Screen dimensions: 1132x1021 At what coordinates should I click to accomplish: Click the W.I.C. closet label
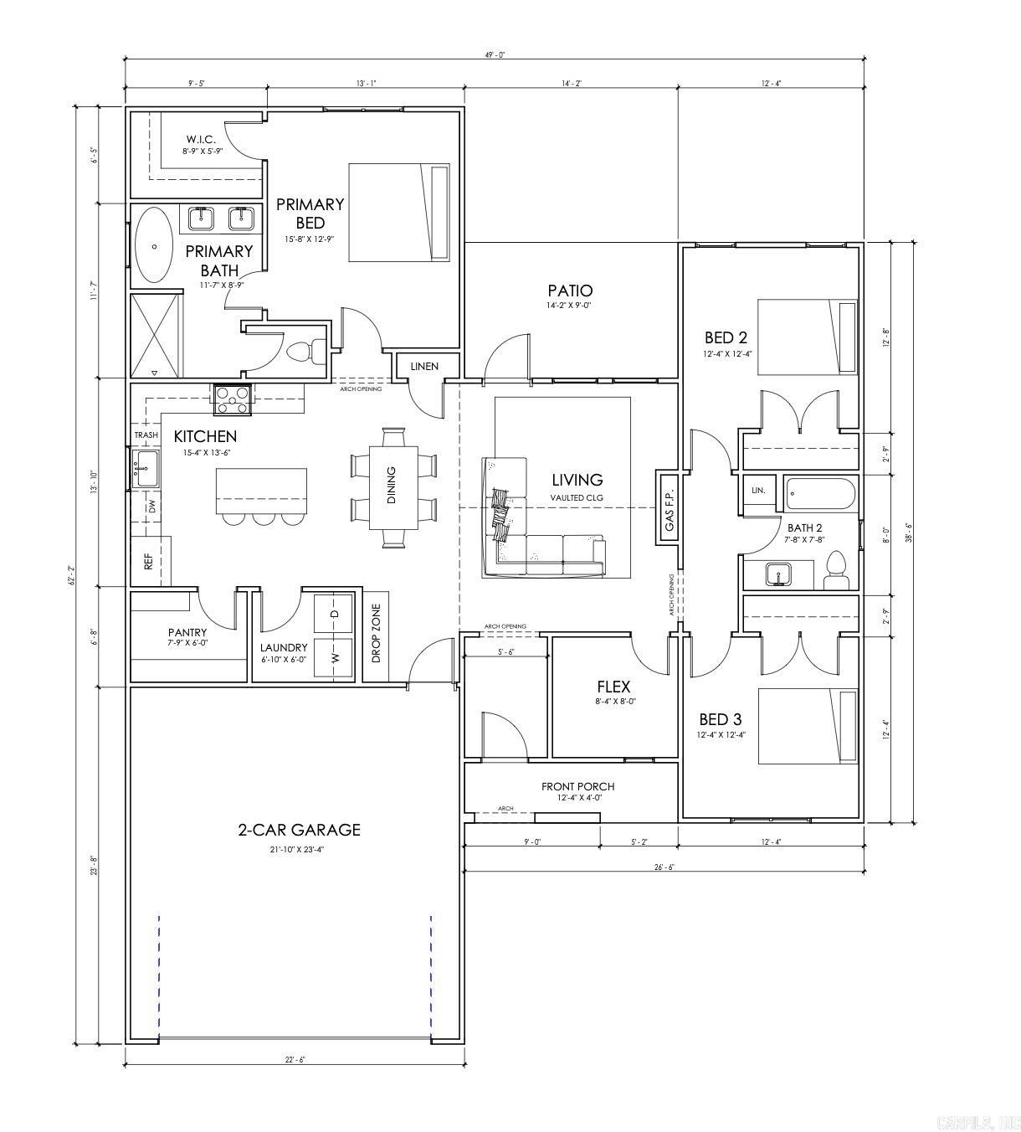tap(201, 139)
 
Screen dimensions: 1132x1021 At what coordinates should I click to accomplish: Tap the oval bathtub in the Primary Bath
tap(154, 245)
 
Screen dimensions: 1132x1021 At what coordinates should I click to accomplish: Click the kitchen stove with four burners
tap(233, 399)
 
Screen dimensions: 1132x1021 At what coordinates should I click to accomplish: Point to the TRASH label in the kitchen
tap(146, 435)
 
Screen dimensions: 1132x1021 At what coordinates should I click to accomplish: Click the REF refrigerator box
tap(149, 561)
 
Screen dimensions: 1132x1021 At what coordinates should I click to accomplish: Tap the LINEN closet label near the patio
tap(423, 367)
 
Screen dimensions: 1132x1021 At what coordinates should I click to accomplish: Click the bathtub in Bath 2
tap(820, 494)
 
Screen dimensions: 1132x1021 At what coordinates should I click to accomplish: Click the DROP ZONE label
tap(376, 633)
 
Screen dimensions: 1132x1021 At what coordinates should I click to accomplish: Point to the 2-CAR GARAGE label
tap(299, 830)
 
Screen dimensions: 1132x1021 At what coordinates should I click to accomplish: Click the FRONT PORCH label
tap(577, 786)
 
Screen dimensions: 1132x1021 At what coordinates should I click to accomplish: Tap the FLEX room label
tap(613, 687)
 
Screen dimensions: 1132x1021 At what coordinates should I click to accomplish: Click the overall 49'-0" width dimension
tap(494, 54)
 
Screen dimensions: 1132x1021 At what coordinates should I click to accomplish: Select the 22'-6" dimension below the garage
tap(295, 1060)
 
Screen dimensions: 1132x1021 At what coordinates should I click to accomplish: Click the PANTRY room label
tap(187, 633)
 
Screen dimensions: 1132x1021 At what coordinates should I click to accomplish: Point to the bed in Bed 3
tap(808, 727)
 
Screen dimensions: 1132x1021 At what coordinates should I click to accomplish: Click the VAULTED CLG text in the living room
tap(577, 498)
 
